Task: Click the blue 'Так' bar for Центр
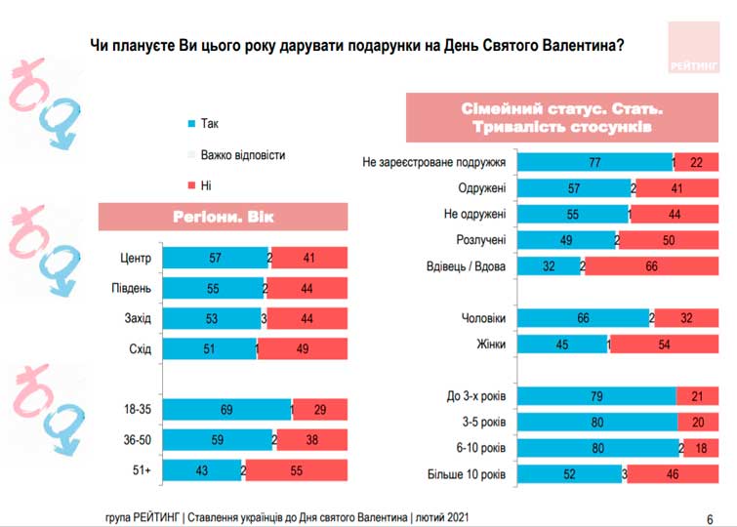pos(215,259)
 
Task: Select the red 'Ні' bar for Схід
pos(304,349)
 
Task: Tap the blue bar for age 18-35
pos(226,410)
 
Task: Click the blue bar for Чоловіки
pos(583,317)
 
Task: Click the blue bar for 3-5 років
pos(596,423)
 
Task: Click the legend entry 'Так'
pos(209,124)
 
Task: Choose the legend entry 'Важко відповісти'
pos(242,155)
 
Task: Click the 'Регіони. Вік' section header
pos(224,217)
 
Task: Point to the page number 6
pos(709,518)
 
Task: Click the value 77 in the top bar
pos(593,162)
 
